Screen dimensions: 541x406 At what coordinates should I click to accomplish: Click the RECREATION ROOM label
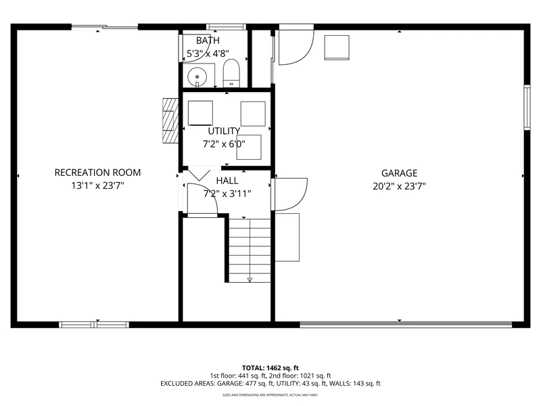click(97, 173)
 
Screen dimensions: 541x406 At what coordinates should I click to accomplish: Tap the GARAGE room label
click(399, 173)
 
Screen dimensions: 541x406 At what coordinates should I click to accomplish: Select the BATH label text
click(208, 41)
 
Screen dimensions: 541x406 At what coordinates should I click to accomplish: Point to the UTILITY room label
click(224, 131)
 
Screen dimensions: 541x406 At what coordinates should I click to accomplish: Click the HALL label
click(227, 181)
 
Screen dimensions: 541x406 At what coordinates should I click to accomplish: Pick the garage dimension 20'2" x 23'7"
click(399, 187)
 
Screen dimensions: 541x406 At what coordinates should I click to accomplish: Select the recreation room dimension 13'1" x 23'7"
click(97, 185)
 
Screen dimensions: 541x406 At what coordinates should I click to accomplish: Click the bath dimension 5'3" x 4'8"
click(208, 54)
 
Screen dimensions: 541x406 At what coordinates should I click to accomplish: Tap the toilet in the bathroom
click(231, 73)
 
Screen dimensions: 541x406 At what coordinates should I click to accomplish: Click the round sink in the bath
click(197, 76)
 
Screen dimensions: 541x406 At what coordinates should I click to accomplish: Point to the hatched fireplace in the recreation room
click(170, 121)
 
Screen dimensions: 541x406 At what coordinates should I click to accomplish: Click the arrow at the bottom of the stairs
click(250, 279)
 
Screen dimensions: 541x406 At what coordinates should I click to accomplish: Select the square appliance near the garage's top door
click(337, 47)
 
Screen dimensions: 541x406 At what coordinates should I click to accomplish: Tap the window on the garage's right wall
click(527, 108)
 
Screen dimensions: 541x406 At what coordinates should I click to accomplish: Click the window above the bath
click(226, 26)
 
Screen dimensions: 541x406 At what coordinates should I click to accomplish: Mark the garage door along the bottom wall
click(406, 325)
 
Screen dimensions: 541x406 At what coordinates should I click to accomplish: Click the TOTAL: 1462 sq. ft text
click(270, 368)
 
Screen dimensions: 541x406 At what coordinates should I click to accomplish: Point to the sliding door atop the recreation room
click(105, 26)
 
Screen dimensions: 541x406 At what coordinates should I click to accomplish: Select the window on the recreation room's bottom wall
click(94, 325)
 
